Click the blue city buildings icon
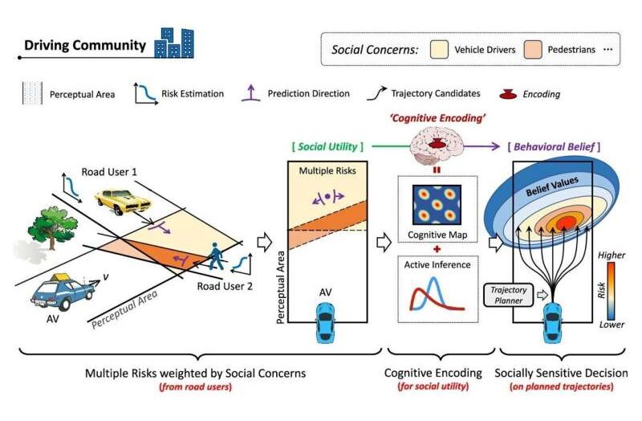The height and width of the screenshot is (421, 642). [174, 43]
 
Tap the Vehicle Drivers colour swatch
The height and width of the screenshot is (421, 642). [439, 50]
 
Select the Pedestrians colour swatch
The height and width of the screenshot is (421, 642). [533, 50]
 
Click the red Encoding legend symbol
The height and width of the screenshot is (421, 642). [508, 94]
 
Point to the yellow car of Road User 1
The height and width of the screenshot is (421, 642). [122, 201]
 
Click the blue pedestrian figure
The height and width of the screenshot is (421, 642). [216, 256]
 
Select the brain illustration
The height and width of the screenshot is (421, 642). [437, 145]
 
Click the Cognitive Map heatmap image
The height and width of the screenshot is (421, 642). [437, 205]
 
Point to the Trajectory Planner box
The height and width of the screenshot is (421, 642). [509, 295]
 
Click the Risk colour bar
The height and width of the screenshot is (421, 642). [611, 291]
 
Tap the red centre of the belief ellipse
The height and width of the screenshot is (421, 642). [567, 223]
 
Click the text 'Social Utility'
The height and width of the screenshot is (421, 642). [327, 146]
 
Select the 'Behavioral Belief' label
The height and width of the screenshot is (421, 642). [554, 147]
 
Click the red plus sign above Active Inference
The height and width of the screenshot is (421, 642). [437, 249]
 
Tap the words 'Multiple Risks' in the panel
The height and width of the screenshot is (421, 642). [327, 170]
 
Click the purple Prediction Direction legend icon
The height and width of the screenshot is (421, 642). [250, 93]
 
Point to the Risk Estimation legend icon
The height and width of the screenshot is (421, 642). [146, 94]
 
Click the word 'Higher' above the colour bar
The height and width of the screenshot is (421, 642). [612, 255]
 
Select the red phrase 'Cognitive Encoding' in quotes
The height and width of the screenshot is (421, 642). [437, 118]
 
